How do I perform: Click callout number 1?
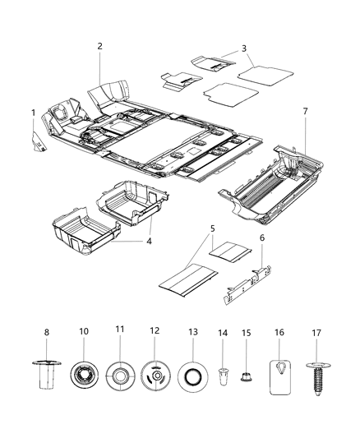34,112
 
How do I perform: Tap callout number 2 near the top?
100,46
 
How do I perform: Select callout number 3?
244,48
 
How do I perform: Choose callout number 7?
305,110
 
